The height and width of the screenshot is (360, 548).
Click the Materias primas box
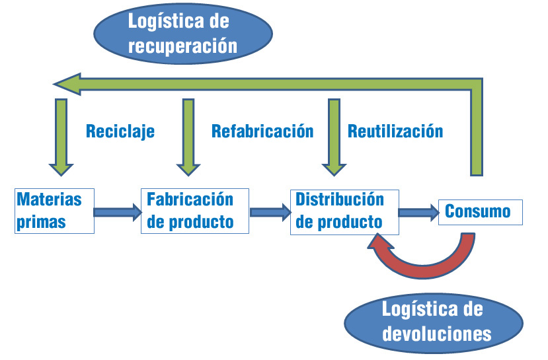pyautogui.click(x=54, y=211)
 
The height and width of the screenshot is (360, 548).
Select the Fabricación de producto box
pyautogui.click(x=195, y=211)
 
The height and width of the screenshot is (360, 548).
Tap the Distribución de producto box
pyautogui.click(x=344, y=211)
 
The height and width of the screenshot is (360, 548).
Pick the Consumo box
pyautogui.click(x=481, y=211)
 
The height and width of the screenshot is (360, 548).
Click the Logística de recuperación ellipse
pyautogui.click(x=184, y=34)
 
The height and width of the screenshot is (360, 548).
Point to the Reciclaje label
pyautogui.click(x=120, y=131)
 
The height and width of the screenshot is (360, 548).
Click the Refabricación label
pyautogui.click(x=262, y=131)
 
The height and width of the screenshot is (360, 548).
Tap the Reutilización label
pyautogui.click(x=395, y=131)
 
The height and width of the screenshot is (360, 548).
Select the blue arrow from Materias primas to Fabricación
pyautogui.click(x=118, y=212)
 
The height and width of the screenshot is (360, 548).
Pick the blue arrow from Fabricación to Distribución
pyautogui.click(x=270, y=212)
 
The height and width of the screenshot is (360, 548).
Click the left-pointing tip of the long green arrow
pyautogui.click(x=59, y=84)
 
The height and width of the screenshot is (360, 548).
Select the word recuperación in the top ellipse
pyautogui.click(x=183, y=46)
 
